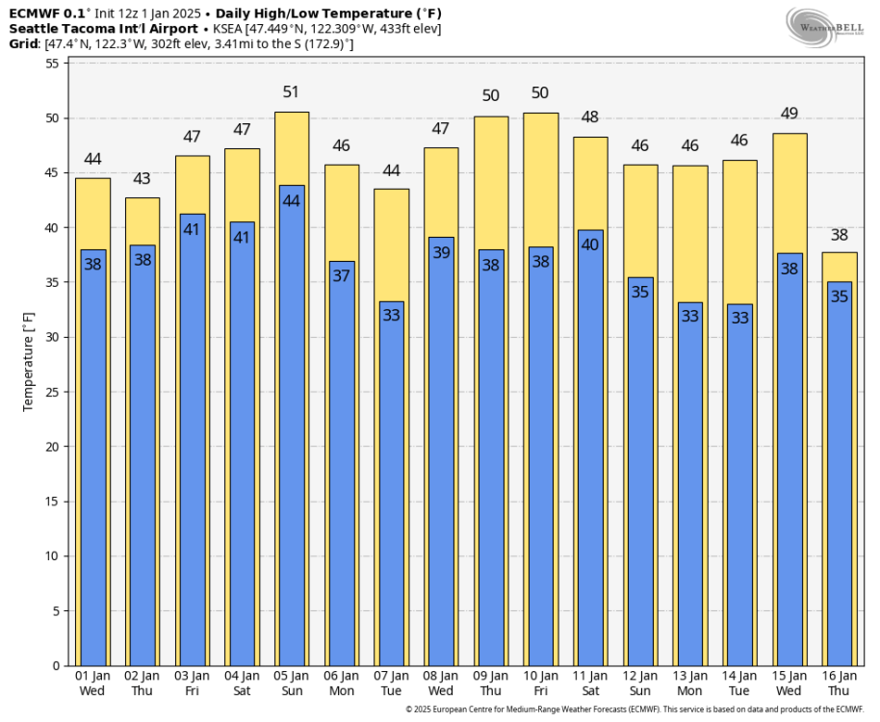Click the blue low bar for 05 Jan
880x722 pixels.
(292, 433)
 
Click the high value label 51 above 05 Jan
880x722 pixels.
(292, 92)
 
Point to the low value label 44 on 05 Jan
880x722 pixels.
(292, 201)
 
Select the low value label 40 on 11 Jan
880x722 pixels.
(590, 245)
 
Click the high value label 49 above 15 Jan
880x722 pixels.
(789, 114)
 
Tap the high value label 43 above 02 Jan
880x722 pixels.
(142, 178)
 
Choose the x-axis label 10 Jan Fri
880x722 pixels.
(540, 683)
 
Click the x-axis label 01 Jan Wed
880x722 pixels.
(92, 683)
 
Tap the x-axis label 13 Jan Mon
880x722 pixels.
(689, 683)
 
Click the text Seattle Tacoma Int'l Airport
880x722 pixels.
(103, 29)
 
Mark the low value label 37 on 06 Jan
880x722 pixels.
(342, 276)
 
